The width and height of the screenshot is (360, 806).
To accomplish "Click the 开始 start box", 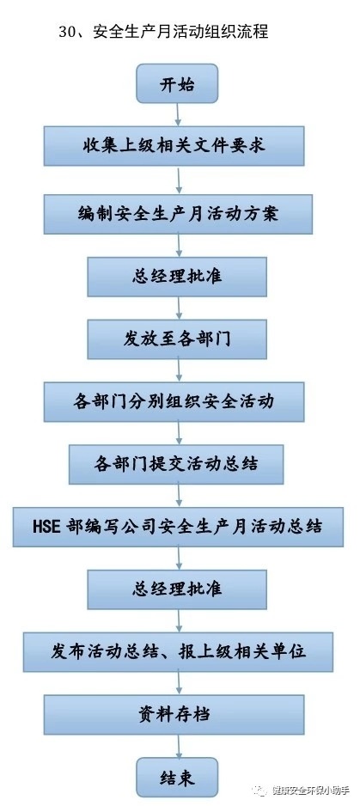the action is pos(177,83).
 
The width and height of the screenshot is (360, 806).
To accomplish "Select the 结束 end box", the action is pos(177,777).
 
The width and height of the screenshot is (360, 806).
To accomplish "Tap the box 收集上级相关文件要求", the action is pos(174,146).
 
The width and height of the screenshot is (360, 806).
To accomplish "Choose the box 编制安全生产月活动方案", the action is pos(178,214).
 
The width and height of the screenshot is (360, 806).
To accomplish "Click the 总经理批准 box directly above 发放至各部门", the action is pos(177,277).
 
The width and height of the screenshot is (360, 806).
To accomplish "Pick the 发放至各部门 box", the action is pos(177,339).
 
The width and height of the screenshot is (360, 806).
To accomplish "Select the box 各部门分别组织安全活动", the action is pos(174,402).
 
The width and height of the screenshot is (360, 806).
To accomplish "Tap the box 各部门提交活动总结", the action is pos(176,465).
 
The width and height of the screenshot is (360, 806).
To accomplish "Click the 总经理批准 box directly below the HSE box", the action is pos(177,589).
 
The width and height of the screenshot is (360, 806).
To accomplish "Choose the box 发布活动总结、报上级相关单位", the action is pos(178,652).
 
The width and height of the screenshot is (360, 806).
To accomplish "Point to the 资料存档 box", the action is pos(174,715).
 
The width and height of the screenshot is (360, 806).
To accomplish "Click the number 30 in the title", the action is pos(68,32).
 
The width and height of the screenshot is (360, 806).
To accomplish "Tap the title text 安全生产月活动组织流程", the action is pos(180,32).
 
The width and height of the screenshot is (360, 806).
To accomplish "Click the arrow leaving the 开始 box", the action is pos(178,114).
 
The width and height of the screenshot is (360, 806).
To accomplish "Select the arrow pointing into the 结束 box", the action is pos(179,746).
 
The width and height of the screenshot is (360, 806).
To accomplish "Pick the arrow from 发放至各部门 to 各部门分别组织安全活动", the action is pos(179,370).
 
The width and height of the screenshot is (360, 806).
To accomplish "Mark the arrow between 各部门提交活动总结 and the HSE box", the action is pos(179,496).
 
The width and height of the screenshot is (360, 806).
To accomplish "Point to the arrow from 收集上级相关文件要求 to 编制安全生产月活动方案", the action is pos(179,180).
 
